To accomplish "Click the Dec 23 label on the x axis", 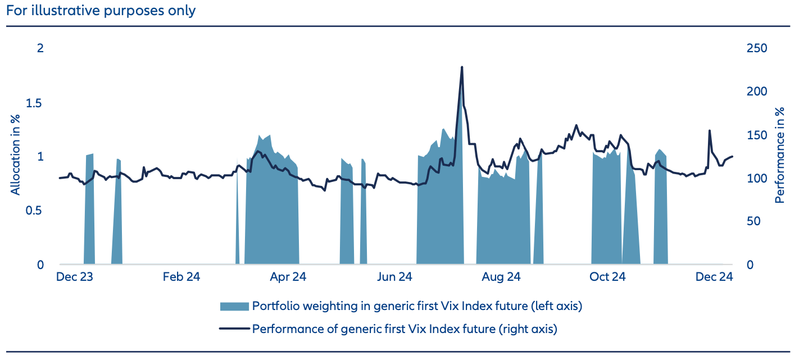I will coord(74,277).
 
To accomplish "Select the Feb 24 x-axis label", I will coord(181,277).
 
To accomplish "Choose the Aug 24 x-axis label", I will coord(501,277).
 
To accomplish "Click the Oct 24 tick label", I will coord(607,277).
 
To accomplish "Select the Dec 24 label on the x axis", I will coord(714,277).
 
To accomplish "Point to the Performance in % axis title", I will coord(780,156).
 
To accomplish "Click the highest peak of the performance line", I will coord(462,67).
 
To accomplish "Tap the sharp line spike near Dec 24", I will coord(709,131).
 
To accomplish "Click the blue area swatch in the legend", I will coord(234,306).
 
